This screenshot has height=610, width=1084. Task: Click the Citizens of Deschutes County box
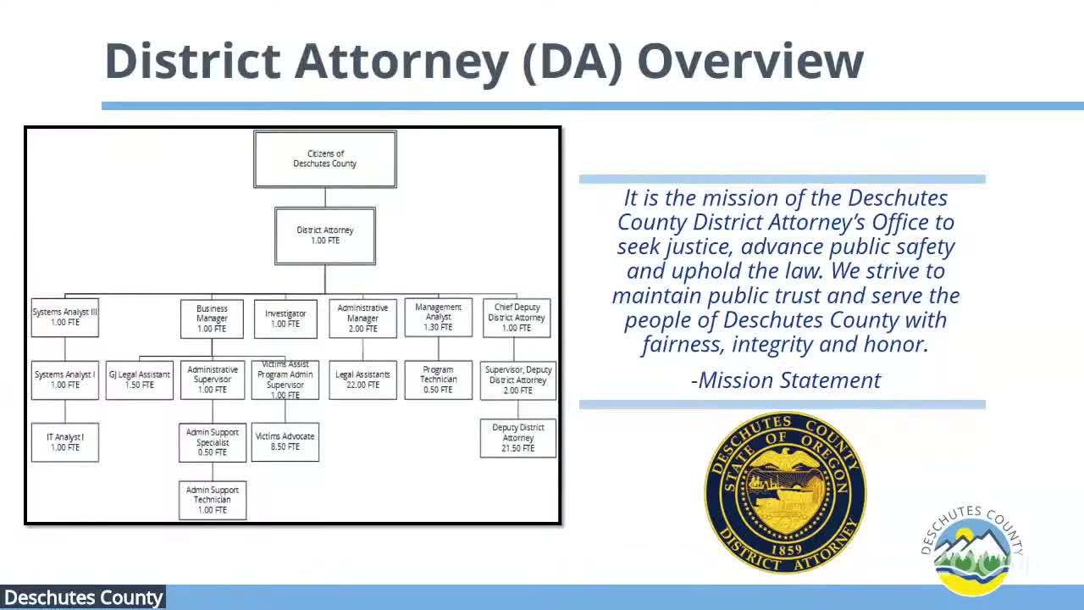tap(325, 158)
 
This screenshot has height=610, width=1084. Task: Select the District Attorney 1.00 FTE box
tap(325, 236)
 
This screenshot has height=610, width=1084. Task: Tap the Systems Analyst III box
tap(65, 318)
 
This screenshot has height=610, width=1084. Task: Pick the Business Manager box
tap(212, 319)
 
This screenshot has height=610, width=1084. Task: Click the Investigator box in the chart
tap(285, 319)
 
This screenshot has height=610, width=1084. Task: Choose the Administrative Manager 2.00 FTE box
tap(362, 319)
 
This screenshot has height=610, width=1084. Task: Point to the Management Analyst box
tap(439, 318)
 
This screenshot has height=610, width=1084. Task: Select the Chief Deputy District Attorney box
tap(517, 318)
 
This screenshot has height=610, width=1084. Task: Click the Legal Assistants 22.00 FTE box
tap(362, 380)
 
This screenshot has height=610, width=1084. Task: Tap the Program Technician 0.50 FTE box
tap(439, 380)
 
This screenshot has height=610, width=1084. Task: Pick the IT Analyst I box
tap(65, 442)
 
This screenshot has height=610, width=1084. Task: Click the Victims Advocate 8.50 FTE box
tap(285, 441)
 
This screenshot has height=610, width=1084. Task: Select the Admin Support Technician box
tap(213, 500)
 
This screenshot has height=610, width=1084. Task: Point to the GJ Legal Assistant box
tap(140, 380)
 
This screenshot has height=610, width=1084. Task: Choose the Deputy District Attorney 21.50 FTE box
tap(518, 438)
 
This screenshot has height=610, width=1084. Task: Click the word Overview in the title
tap(750, 61)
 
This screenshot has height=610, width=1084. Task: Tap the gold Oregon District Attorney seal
tap(785, 492)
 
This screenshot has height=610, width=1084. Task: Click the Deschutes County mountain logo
tap(972, 551)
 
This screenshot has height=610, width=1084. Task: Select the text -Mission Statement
tap(786, 380)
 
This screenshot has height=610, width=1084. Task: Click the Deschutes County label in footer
tap(83, 598)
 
